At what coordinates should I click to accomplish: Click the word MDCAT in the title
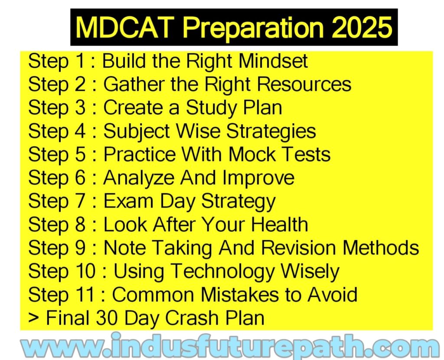point(124,27)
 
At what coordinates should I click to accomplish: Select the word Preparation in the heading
point(252,28)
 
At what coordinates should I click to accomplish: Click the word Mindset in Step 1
point(273,61)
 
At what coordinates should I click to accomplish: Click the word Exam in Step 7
point(128,201)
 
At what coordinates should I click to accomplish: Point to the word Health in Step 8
point(280,224)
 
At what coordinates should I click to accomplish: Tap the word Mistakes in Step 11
point(239,294)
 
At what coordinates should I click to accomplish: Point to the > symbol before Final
point(34,318)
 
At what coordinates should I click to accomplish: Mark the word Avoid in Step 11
point(332,294)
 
